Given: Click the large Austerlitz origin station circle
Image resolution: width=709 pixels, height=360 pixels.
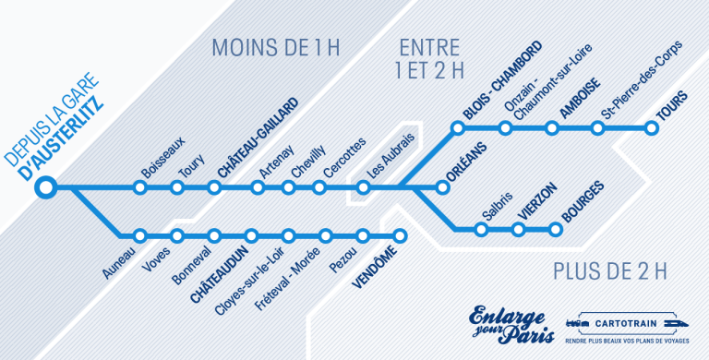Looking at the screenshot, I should click(x=43, y=188).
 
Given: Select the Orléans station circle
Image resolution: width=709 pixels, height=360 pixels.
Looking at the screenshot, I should click(x=442, y=188).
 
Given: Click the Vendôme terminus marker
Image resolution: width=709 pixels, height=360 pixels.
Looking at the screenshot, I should click(x=400, y=234).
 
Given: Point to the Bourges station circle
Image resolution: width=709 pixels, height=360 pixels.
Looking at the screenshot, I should click(x=556, y=228).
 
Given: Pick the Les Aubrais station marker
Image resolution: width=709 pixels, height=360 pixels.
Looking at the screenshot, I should click(x=364, y=188).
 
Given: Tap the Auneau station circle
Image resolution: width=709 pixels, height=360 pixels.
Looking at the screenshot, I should click(x=140, y=234).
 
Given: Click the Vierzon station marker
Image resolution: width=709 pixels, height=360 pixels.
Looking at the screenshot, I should click(x=519, y=228).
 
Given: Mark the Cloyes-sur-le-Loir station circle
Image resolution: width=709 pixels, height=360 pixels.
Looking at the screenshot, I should click(x=252, y=234).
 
